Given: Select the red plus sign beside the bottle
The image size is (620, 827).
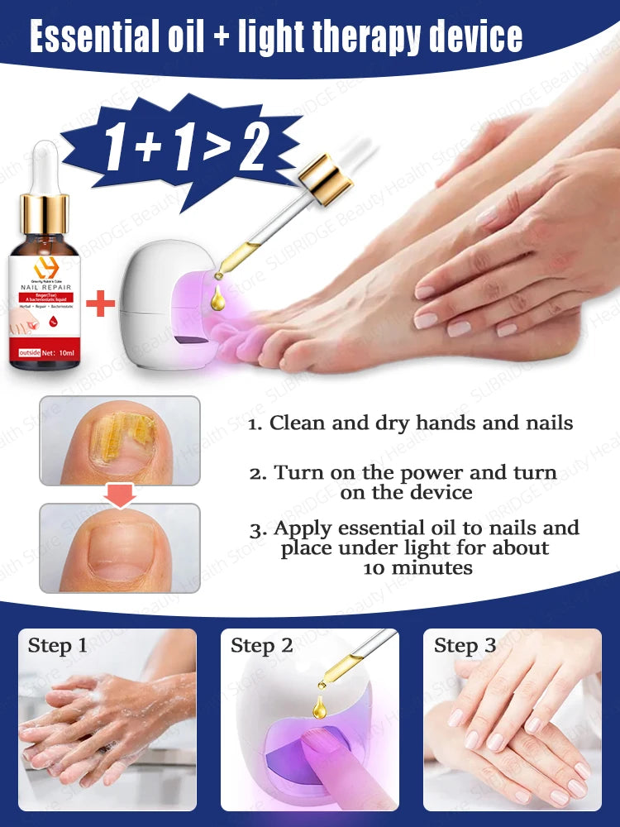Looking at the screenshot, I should tap(101, 303).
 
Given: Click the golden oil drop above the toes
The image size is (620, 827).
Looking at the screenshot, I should tap(218, 299).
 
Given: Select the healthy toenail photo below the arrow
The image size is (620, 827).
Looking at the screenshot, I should tap(120, 547).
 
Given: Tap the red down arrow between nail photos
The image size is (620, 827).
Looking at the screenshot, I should tap(120, 495).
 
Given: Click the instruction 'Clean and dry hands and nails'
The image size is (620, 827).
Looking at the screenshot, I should tap(412, 423).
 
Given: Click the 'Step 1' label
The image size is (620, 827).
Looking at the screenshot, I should tap(57, 646).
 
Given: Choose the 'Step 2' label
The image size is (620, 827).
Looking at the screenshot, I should tap(261, 646).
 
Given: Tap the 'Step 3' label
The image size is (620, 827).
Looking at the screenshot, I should tap(465, 646).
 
